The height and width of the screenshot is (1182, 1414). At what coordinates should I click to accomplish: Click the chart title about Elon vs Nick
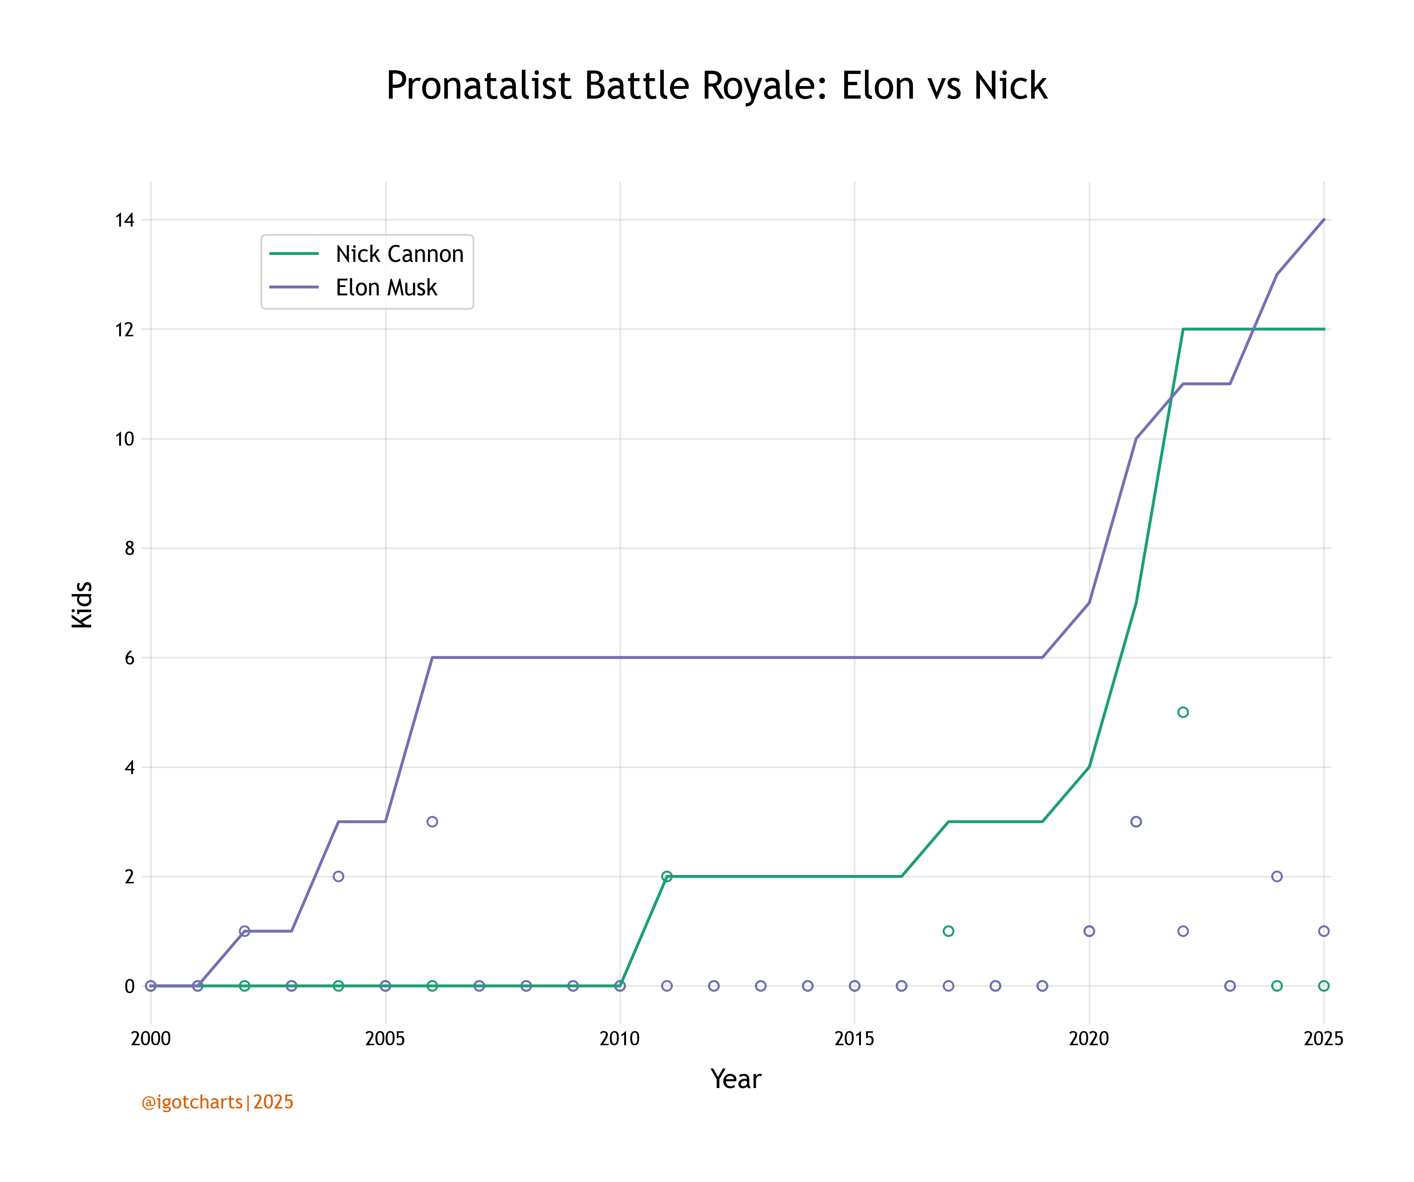pos(716,86)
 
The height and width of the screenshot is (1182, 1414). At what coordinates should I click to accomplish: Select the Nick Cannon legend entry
pos(399,254)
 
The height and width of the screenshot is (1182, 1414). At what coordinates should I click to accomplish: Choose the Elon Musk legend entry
pos(386,287)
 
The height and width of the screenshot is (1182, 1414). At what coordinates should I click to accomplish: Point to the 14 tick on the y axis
pos(125,220)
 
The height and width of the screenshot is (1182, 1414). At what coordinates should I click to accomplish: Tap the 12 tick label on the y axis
pos(125,329)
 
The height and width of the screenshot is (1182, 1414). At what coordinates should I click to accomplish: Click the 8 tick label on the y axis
pos(129,548)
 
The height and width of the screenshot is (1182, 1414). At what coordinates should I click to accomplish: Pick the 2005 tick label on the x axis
pos(385,1039)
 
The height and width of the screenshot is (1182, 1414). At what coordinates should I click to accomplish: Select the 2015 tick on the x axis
pos(854,1039)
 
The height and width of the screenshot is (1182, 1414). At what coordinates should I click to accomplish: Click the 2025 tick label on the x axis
pos(1323,1039)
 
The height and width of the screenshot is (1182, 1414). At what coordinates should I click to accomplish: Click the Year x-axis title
pos(735,1079)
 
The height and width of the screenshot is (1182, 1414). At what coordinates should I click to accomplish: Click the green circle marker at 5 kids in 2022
pos(1183,712)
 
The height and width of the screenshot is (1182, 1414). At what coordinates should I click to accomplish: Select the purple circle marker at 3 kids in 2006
pos(432,821)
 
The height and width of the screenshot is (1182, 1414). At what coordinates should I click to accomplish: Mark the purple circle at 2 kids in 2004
pos(339,876)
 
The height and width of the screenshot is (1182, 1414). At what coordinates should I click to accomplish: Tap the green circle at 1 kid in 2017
pos(948,931)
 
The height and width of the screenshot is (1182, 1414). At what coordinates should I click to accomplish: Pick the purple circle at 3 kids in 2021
pos(1136,821)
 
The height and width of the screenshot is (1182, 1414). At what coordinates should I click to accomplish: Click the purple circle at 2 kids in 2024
pos(1277,876)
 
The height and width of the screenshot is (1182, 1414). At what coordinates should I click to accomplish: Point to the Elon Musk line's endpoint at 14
pos(1324,220)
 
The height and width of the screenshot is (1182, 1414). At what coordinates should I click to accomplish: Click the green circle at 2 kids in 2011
pos(667,876)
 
